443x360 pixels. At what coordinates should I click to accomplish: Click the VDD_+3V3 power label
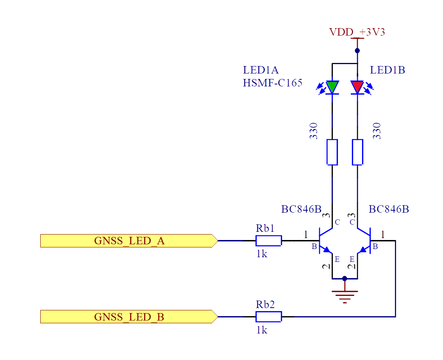(357, 32)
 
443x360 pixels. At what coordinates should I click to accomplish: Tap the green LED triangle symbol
(332, 87)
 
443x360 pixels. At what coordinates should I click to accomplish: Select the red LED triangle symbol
(357, 87)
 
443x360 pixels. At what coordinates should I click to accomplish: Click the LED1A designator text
(261, 70)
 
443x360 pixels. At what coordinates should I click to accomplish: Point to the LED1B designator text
(387, 70)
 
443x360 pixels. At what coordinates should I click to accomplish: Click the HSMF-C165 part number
(272, 83)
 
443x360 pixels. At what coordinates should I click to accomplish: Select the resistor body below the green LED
(332, 152)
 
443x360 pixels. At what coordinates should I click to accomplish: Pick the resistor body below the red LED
(357, 152)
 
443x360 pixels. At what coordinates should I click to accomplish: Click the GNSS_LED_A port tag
(129, 241)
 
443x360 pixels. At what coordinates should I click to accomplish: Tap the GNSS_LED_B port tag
(129, 317)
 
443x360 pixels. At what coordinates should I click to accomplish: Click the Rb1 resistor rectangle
(269, 241)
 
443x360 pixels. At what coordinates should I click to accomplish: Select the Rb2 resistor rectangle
(269, 317)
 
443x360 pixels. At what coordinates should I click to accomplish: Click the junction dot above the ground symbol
(345, 279)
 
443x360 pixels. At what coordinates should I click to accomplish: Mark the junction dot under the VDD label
(357, 51)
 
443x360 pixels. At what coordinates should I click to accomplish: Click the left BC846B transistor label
(301, 209)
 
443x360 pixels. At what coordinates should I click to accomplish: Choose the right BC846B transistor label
(389, 209)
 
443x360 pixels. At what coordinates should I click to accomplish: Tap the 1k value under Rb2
(262, 330)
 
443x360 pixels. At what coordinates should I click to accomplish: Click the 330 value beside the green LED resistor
(314, 131)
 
